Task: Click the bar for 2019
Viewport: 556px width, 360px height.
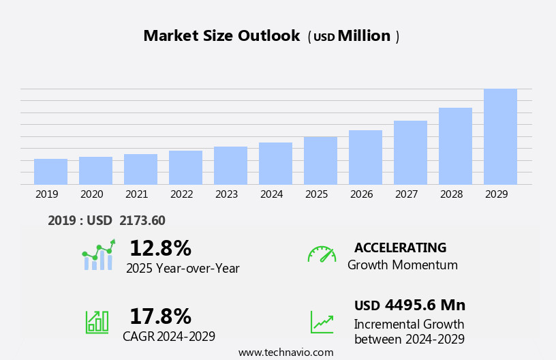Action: click(50, 172)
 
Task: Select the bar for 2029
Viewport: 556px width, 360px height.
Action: click(500, 137)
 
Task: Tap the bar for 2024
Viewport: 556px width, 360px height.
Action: click(275, 164)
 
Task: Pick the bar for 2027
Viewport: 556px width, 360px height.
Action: click(410, 153)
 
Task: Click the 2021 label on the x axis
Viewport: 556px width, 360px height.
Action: click(136, 194)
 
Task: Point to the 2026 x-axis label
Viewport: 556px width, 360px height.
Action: click(361, 194)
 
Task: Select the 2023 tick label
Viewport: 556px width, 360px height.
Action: click(226, 194)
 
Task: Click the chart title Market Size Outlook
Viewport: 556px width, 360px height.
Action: click(221, 36)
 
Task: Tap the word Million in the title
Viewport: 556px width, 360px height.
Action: click(364, 36)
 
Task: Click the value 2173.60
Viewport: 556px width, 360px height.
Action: click(142, 220)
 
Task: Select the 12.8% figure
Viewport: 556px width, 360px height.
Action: click(160, 248)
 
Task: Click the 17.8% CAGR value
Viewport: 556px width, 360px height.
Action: click(160, 316)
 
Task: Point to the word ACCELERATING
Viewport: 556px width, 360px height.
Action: click(400, 247)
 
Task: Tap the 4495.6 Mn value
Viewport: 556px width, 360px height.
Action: click(424, 305)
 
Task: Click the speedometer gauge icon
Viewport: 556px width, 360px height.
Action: click(322, 254)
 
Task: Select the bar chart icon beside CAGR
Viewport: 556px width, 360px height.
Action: click(97, 321)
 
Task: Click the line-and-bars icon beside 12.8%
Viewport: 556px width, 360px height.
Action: click(98, 255)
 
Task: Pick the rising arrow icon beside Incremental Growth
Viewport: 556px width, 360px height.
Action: click(322, 322)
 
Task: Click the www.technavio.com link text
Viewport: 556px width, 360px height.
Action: click(285, 352)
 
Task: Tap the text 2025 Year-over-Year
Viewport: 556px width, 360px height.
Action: click(183, 269)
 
